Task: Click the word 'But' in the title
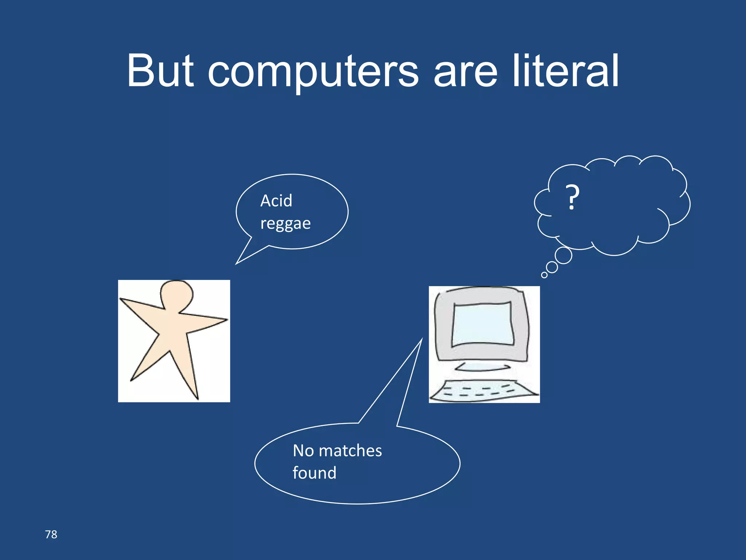(x=160, y=71)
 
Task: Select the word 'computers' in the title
(x=313, y=73)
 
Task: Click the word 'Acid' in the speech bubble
(x=276, y=201)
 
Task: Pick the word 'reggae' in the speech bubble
(x=286, y=223)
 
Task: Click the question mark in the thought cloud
(x=572, y=197)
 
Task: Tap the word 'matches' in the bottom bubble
(x=350, y=451)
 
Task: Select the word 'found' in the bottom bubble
(x=314, y=473)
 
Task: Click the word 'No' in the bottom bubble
(x=303, y=451)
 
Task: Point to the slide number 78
(x=51, y=534)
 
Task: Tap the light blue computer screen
(x=483, y=324)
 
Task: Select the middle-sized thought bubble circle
(x=552, y=267)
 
